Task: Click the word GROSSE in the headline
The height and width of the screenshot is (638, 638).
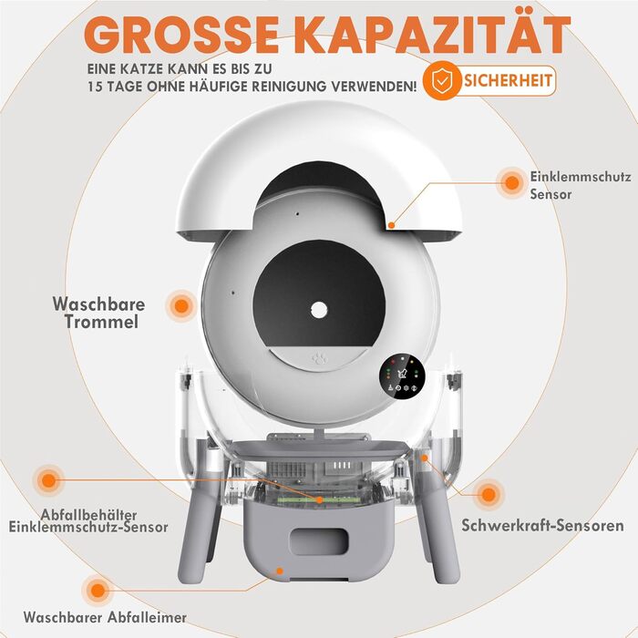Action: coord(181,35)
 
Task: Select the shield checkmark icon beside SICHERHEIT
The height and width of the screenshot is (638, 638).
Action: coord(441,80)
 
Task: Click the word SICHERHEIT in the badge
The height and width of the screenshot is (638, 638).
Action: coord(508,80)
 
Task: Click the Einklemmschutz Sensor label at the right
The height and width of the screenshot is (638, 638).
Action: coord(581,186)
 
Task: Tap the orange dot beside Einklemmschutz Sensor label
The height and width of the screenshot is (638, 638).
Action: coord(512,182)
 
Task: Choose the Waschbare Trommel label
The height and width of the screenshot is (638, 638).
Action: coord(98,313)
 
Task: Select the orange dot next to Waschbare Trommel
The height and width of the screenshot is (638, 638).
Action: coord(181,306)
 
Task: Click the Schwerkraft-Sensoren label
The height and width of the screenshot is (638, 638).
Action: coord(542,525)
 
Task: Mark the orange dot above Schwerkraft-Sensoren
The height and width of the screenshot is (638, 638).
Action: coord(488,495)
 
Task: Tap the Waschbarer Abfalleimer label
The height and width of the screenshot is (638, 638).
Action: coord(105,617)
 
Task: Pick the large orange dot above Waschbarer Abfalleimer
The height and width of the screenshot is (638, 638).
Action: coord(98,591)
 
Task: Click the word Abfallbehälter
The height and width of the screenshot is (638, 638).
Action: coord(88,515)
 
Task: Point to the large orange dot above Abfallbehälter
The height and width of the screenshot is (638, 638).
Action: coord(48,480)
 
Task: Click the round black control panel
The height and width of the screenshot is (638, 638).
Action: coord(403,376)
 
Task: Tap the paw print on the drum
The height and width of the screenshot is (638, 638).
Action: coord(319,359)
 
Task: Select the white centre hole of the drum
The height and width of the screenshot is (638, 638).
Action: coord(319,311)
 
